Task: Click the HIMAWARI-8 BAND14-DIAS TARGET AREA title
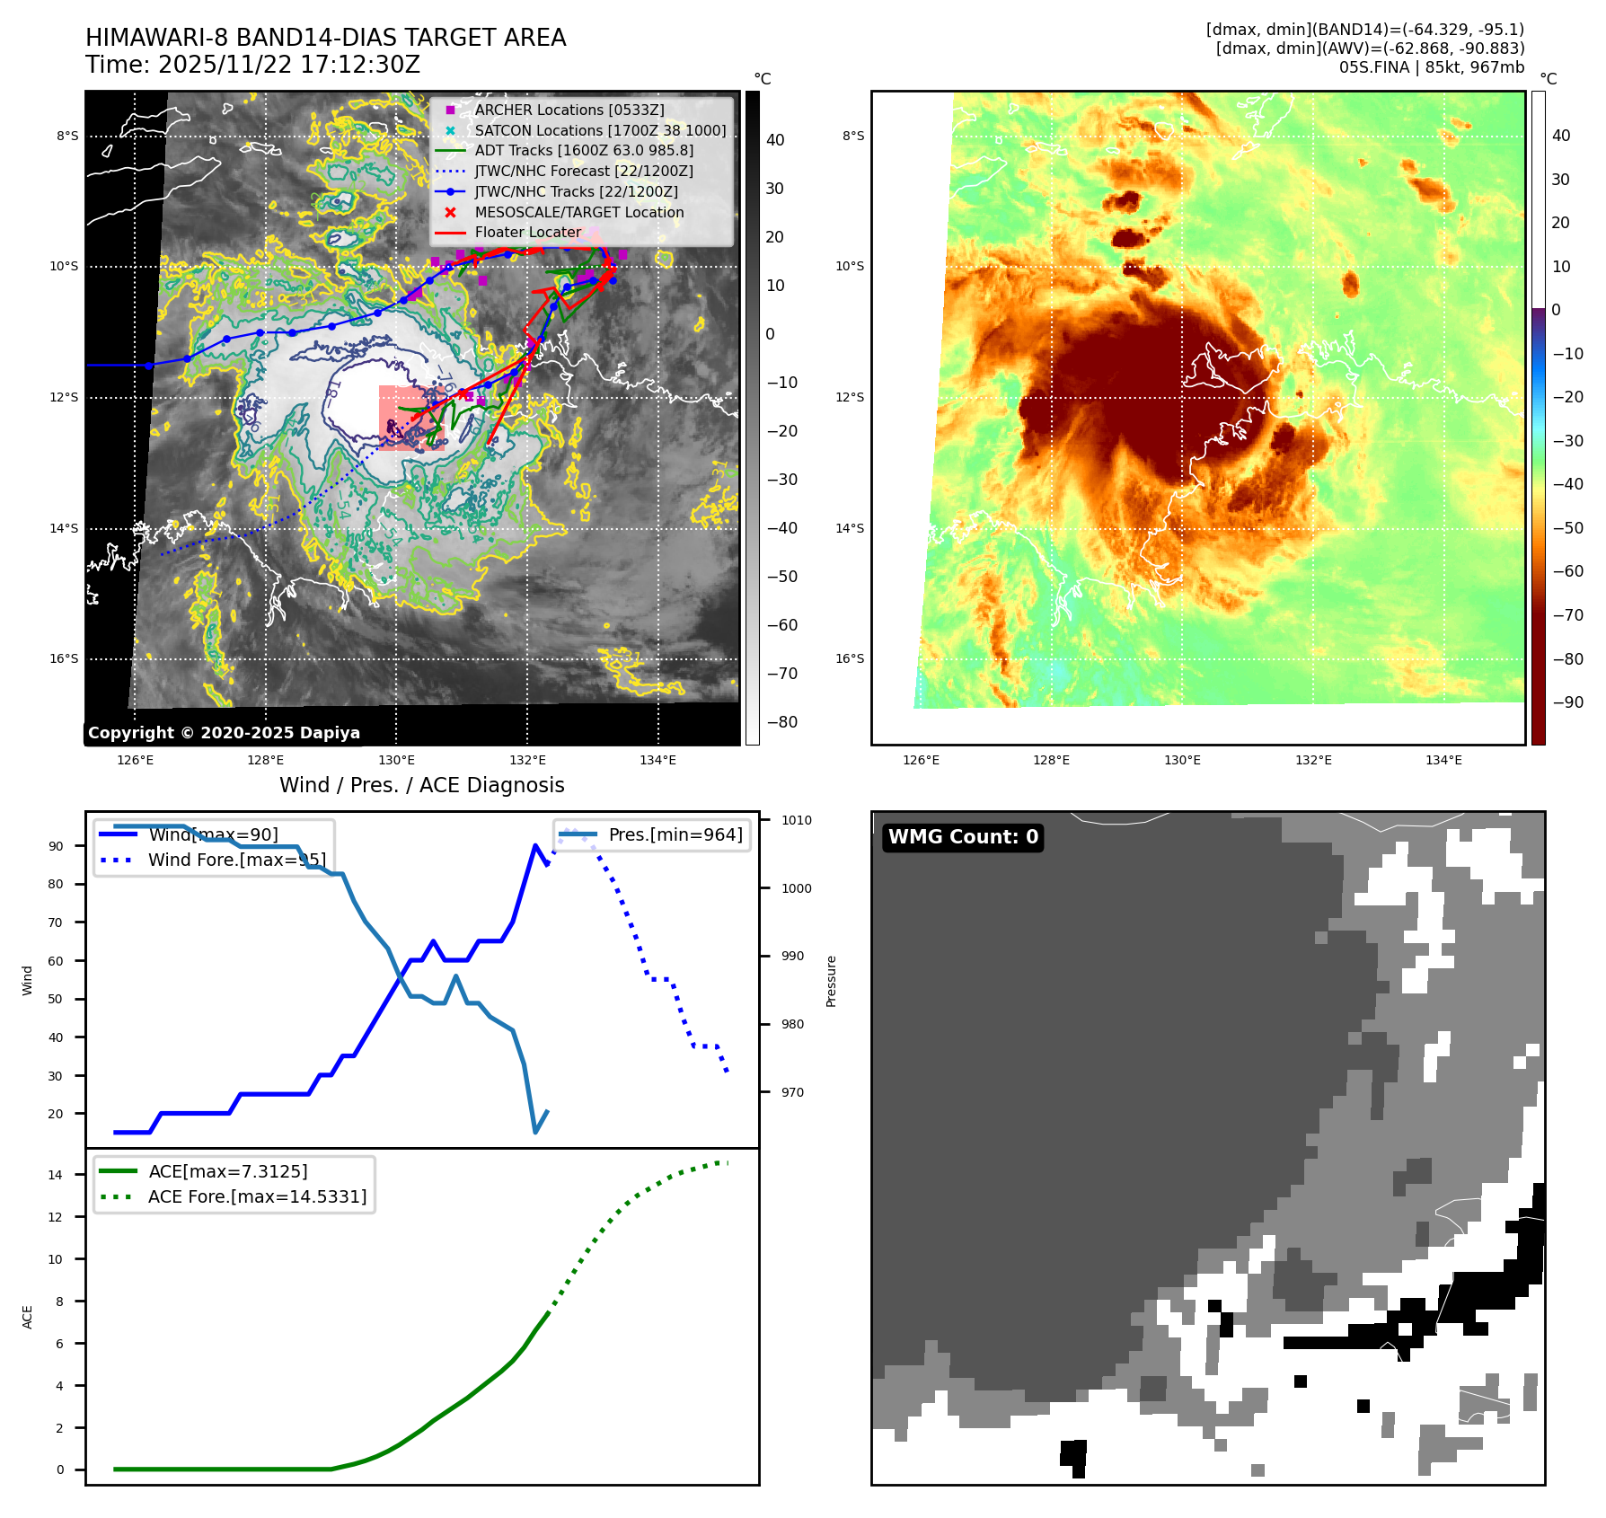click(325, 38)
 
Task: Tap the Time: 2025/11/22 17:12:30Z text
click(252, 65)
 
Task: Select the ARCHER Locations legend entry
click(569, 110)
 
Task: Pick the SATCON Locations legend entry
click(600, 130)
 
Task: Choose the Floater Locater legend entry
click(527, 232)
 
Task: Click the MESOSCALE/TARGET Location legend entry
click(578, 212)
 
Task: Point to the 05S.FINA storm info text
click(1431, 67)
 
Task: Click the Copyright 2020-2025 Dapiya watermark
click(224, 733)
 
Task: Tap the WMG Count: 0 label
click(963, 837)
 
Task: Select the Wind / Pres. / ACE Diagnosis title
click(421, 785)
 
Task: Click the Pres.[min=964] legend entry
click(675, 834)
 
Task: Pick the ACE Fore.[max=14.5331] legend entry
click(257, 1196)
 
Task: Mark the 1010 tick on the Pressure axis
click(796, 820)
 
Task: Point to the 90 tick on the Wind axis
click(56, 846)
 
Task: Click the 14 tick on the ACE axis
click(56, 1175)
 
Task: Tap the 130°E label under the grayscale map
click(396, 761)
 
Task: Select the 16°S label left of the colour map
click(850, 658)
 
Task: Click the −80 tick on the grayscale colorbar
click(781, 722)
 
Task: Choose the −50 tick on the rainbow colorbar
click(1568, 528)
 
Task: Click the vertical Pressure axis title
click(831, 981)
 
